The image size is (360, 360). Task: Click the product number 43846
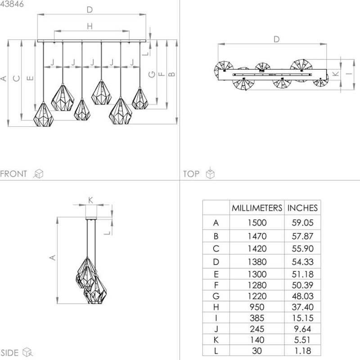click(x=12, y=4)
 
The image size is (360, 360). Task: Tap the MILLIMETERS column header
click(x=257, y=208)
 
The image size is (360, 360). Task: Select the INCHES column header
click(x=302, y=208)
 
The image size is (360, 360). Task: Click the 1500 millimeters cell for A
click(x=257, y=223)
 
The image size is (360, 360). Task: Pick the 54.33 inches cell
click(x=302, y=262)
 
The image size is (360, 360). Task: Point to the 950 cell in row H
click(x=257, y=307)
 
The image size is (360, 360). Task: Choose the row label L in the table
click(x=216, y=351)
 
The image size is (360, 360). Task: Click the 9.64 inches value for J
click(x=302, y=329)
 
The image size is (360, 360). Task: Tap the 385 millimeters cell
click(x=257, y=318)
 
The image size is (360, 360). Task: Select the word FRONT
click(x=13, y=174)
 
